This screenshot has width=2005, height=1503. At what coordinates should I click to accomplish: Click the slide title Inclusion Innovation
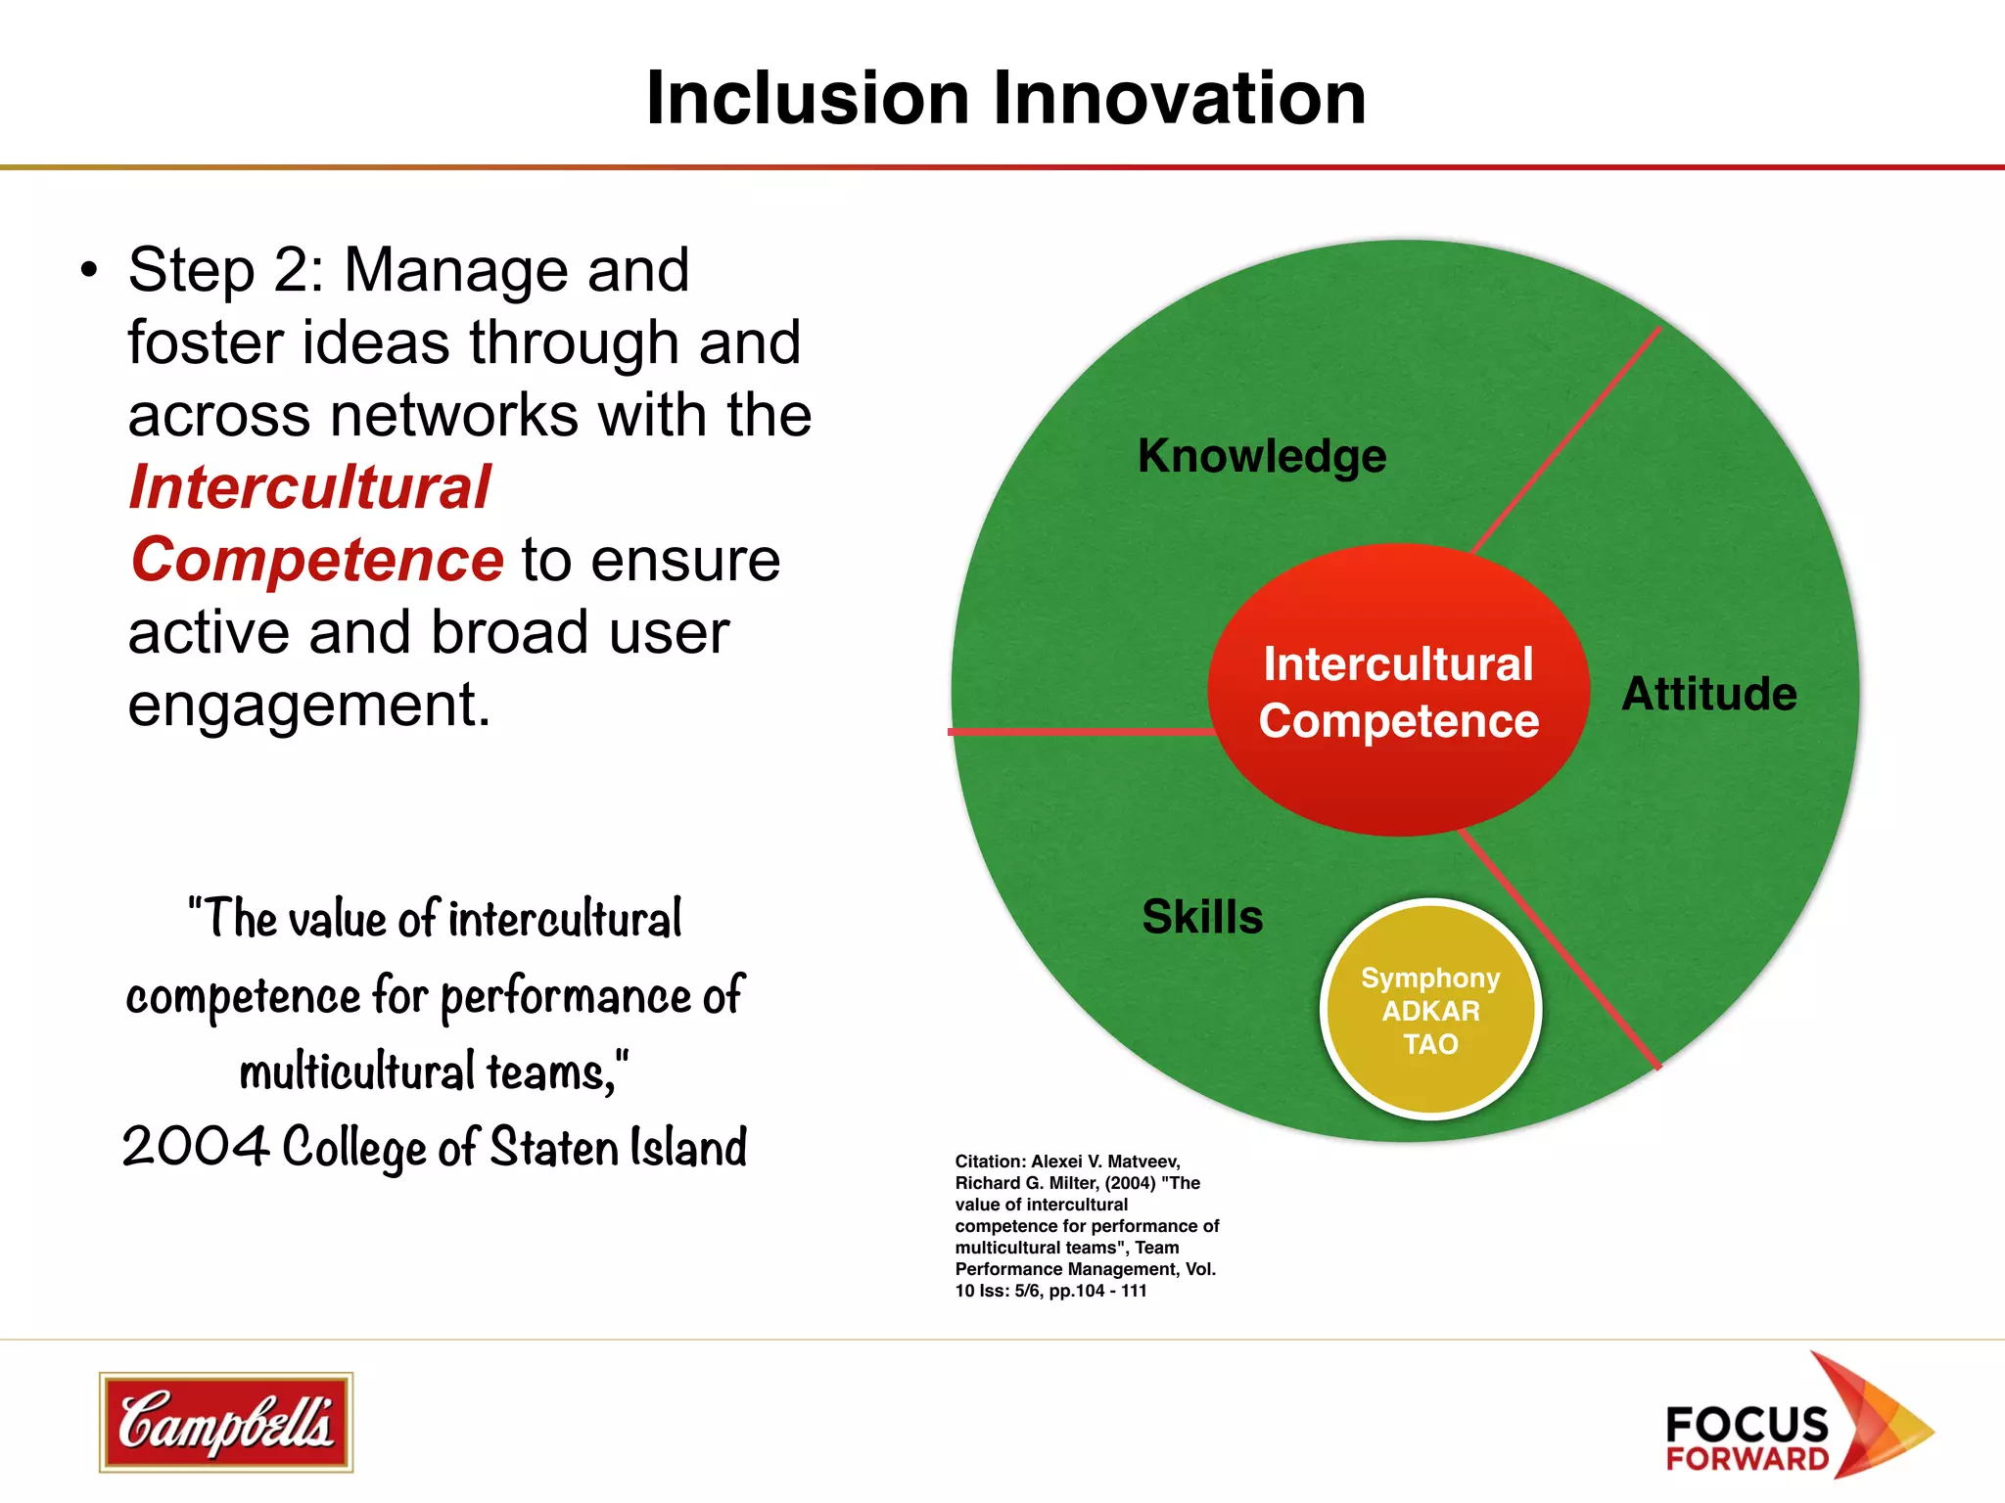click(x=1005, y=99)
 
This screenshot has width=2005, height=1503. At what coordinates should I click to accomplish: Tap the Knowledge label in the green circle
click(x=1262, y=456)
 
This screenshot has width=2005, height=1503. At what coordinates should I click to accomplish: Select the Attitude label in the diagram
click(x=1709, y=694)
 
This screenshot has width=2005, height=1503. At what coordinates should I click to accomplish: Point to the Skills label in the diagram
click(x=1202, y=917)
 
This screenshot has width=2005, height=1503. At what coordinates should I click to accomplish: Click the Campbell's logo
click(x=226, y=1422)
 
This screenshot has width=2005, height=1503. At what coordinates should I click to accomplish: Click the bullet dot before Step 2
click(x=90, y=270)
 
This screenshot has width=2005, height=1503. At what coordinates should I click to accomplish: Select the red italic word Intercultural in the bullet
click(x=309, y=487)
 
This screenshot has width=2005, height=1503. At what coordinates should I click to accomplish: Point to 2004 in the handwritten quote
click(x=195, y=1146)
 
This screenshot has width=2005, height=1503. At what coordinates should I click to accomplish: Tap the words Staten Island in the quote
click(x=618, y=1146)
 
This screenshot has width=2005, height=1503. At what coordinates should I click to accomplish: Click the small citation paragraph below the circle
click(x=1087, y=1226)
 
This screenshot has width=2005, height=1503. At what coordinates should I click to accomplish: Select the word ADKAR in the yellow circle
click(x=1430, y=1011)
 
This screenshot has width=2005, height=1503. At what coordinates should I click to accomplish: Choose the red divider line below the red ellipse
click(x=1559, y=949)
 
